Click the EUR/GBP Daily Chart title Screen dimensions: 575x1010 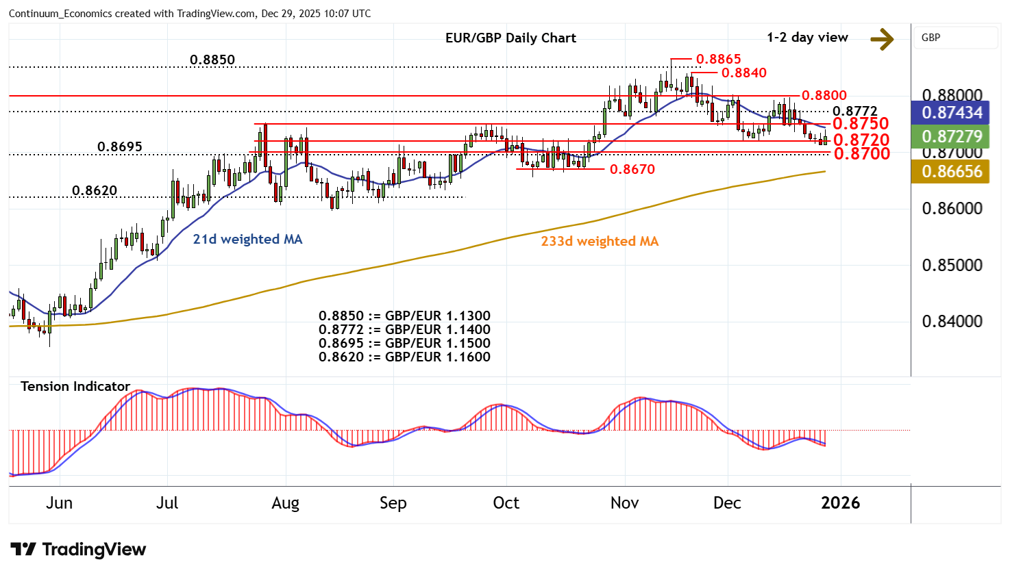pyautogui.click(x=510, y=38)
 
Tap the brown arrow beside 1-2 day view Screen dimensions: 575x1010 pyautogui.click(x=882, y=39)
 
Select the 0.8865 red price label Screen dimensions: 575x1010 pyautogui.click(x=718, y=60)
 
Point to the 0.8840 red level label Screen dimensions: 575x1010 pyautogui.click(x=743, y=73)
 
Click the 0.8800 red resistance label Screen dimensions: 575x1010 pyautogui.click(x=824, y=96)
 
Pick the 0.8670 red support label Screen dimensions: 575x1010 pyautogui.click(x=632, y=169)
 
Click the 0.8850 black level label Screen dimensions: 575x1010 pyautogui.click(x=212, y=60)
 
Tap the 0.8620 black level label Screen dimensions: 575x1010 pyautogui.click(x=95, y=191)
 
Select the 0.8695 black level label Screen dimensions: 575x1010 pyautogui.click(x=120, y=147)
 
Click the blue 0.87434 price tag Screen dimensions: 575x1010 pyautogui.click(x=951, y=113)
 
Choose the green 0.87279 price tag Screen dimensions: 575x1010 pyautogui.click(x=951, y=137)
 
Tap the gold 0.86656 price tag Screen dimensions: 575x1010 pyautogui.click(x=951, y=172)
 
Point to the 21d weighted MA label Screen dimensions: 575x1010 pyautogui.click(x=247, y=240)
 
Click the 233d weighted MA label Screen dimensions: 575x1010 pyautogui.click(x=600, y=242)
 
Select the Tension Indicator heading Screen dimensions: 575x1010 pyautogui.click(x=75, y=387)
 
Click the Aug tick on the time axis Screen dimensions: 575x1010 pyautogui.click(x=285, y=503)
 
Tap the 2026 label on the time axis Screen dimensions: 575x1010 pyautogui.click(x=840, y=503)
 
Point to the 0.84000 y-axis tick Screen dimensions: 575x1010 pyautogui.click(x=952, y=322)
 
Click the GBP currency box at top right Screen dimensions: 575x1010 pyautogui.click(x=955, y=38)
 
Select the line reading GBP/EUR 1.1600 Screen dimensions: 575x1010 pyautogui.click(x=404, y=357)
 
